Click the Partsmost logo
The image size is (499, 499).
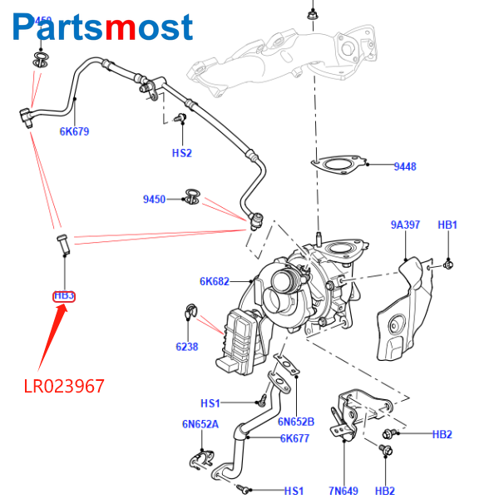(x=104, y=28)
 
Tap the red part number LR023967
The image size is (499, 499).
(x=64, y=387)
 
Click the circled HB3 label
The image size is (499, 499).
(x=64, y=295)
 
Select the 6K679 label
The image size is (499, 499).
(x=74, y=131)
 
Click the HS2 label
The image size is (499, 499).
(x=182, y=153)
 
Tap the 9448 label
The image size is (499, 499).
(x=405, y=167)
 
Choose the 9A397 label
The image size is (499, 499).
(x=405, y=225)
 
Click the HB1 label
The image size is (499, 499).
(x=447, y=225)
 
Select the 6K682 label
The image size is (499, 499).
(x=214, y=281)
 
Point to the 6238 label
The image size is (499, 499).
(x=186, y=347)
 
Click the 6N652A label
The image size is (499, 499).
(x=200, y=424)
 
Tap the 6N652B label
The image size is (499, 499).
(x=296, y=421)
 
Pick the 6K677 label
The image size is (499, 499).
(x=295, y=438)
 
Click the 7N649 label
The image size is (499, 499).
(x=343, y=491)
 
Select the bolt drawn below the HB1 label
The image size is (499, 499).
(x=448, y=264)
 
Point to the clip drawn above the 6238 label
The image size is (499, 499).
(x=189, y=314)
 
